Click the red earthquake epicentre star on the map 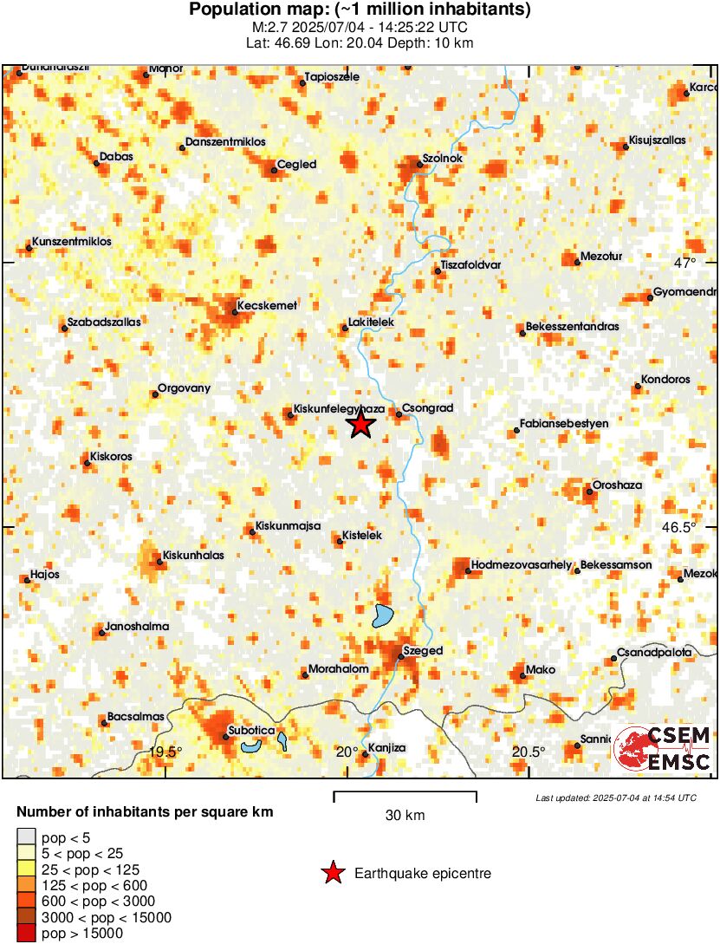360,425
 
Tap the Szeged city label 424,650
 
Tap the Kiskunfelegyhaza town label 337,407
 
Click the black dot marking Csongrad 399,414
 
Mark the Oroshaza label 617,486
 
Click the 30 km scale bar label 405,815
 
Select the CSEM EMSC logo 664,749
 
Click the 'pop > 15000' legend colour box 27,934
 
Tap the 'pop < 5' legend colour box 27,837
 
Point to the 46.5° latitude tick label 679,527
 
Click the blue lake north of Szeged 382,615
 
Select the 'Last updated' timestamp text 616,798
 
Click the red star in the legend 333,873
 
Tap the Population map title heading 360,10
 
